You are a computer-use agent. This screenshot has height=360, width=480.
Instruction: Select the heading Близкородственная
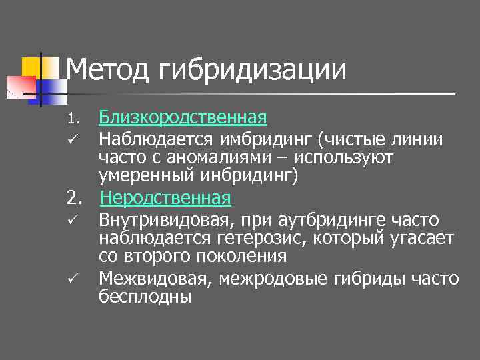183,119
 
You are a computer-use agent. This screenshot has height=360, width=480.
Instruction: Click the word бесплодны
145,296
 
